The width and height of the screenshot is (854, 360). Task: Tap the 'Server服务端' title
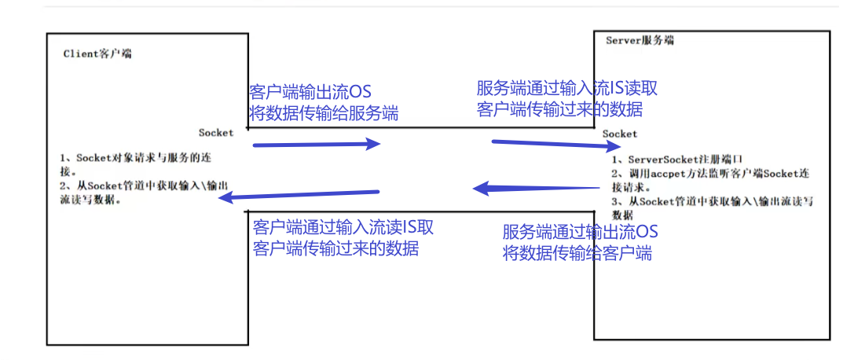[640, 40]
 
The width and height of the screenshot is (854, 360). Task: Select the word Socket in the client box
[216, 133]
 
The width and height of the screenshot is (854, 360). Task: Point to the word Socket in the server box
[620, 134]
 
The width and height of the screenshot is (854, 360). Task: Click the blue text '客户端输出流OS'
[310, 92]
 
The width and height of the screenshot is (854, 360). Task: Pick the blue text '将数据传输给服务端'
[323, 113]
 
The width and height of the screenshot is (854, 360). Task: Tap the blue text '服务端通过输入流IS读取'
[566, 88]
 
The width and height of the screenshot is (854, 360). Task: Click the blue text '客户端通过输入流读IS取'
[343, 228]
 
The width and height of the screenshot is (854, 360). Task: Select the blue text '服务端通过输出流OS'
[580, 232]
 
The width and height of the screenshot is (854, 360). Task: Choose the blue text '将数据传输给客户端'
[577, 253]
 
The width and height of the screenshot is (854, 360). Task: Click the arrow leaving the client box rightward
[316, 145]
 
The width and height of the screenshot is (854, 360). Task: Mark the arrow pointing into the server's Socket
[549, 144]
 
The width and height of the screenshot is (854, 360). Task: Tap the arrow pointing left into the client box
[299, 194]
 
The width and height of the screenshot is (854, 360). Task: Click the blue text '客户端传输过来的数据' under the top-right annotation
[559, 109]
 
